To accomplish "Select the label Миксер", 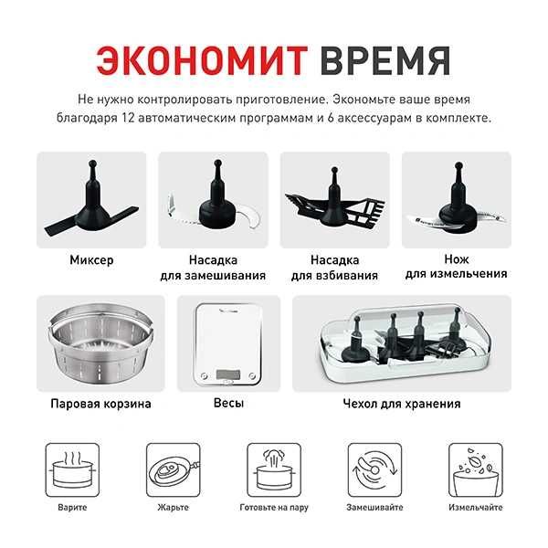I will [91, 259].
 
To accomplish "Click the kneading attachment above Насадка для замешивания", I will [213, 197].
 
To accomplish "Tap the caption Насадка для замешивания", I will [213, 267].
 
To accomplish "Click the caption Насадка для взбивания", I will [334, 267].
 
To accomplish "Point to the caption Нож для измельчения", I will [456, 267].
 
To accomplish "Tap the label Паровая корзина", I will [100, 403].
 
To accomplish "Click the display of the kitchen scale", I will [228, 374].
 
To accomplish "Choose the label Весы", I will [228, 403].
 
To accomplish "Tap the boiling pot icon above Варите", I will [72, 469].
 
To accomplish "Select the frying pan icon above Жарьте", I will [173, 469].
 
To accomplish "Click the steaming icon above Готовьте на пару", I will [273, 469].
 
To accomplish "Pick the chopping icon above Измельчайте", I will [474, 469].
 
